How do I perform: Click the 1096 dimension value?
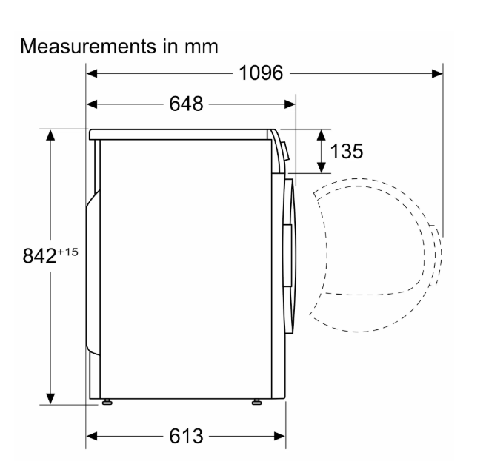pyautogui.click(x=261, y=73)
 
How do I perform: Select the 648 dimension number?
pyautogui.click(x=186, y=104)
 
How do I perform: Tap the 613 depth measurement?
pyautogui.click(x=186, y=436)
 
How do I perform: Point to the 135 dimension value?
pyautogui.click(x=346, y=151)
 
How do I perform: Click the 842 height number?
pyautogui.click(x=39, y=256)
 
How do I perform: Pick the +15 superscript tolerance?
pyautogui.click(x=67, y=252)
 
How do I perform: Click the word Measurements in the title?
pyautogui.click(x=88, y=47)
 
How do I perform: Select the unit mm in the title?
pyautogui.click(x=202, y=47)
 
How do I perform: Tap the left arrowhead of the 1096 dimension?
pyautogui.click(x=92, y=74)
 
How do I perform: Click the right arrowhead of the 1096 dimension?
pyautogui.click(x=437, y=74)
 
